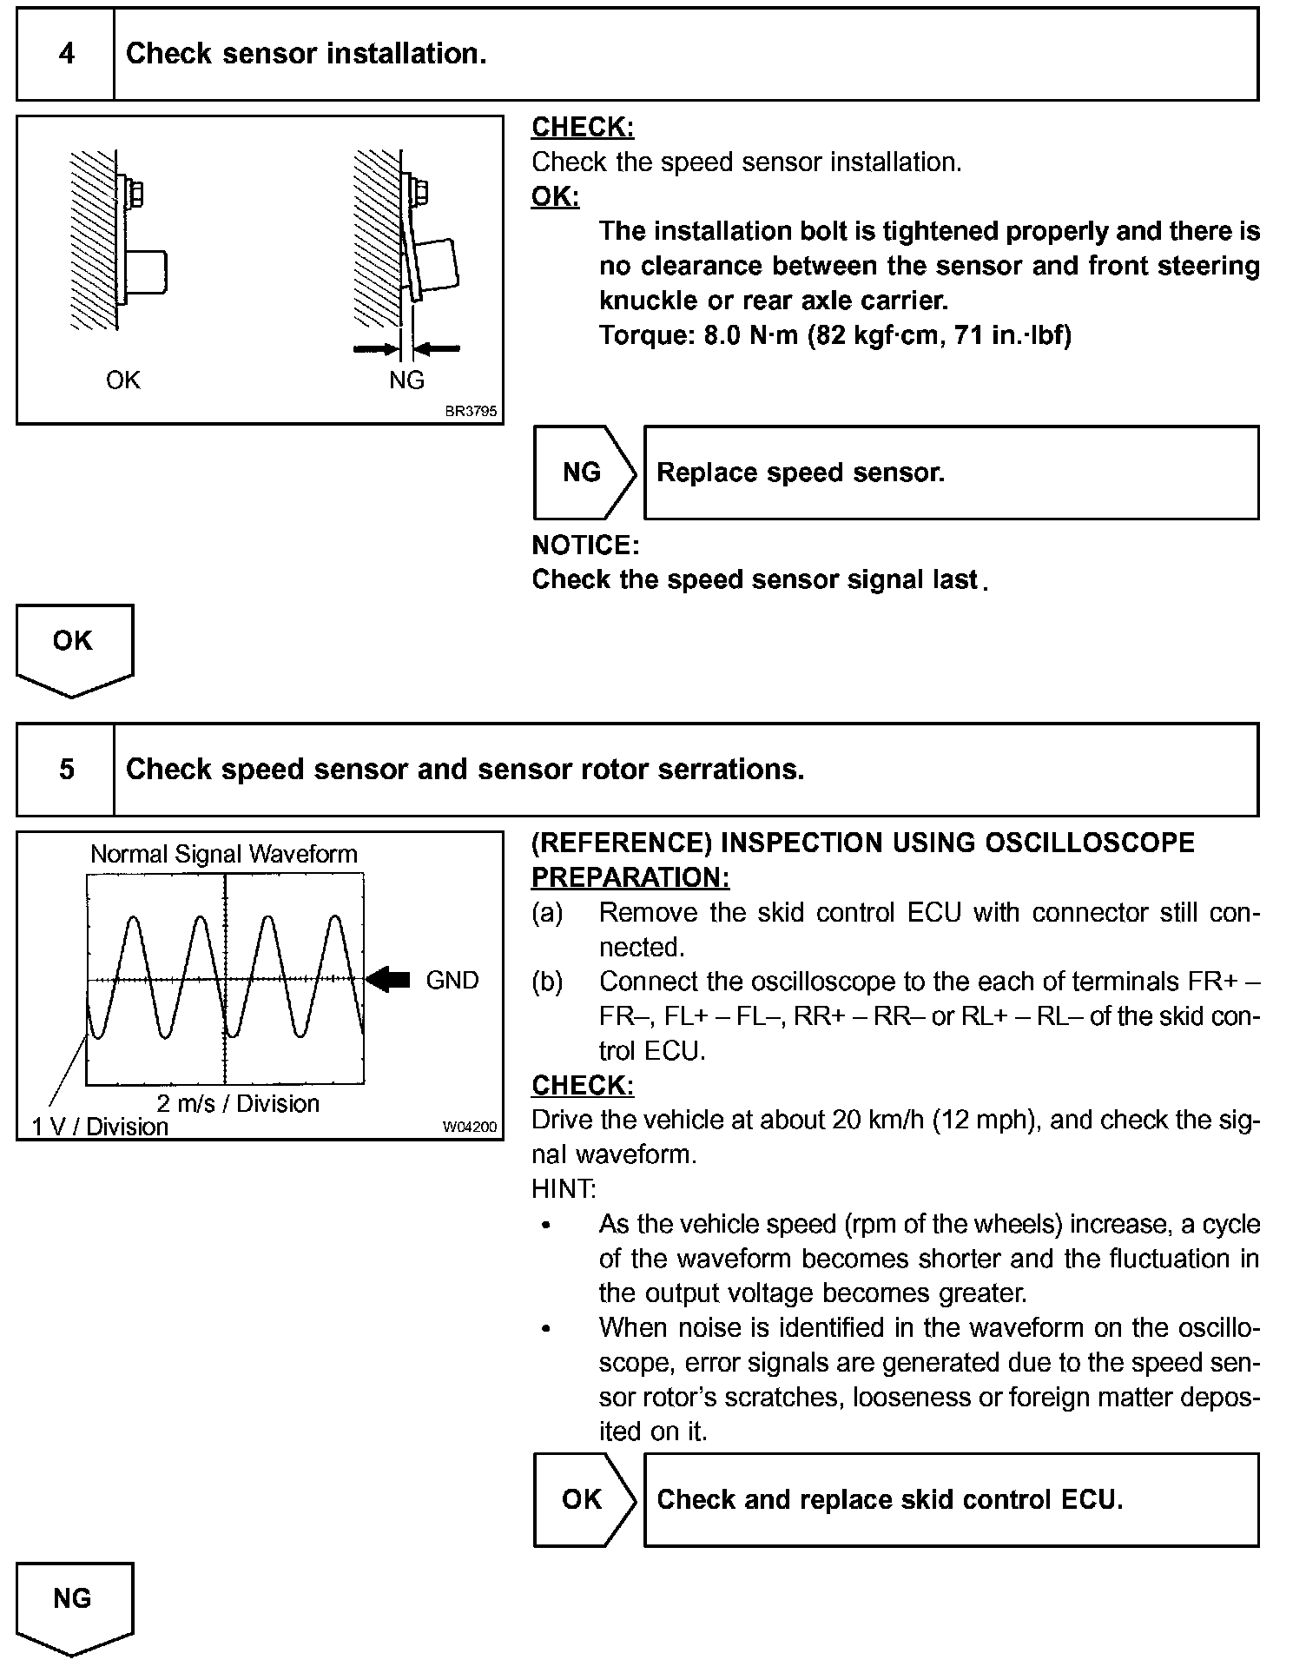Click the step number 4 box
66,54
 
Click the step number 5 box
66,770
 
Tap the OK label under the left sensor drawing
122,380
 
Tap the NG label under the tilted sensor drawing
406,380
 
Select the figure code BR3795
471,411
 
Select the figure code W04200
470,1127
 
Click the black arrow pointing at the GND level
388,980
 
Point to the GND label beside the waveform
452,981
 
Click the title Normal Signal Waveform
224,854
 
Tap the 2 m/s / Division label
238,1103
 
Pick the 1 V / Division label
100,1127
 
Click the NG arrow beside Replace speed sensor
583,473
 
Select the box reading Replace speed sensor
951,473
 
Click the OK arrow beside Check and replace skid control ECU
583,1499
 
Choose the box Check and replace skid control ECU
951,1499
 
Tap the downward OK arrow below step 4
74,647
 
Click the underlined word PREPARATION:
630,877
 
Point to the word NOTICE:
585,545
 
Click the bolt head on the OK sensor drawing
136,193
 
